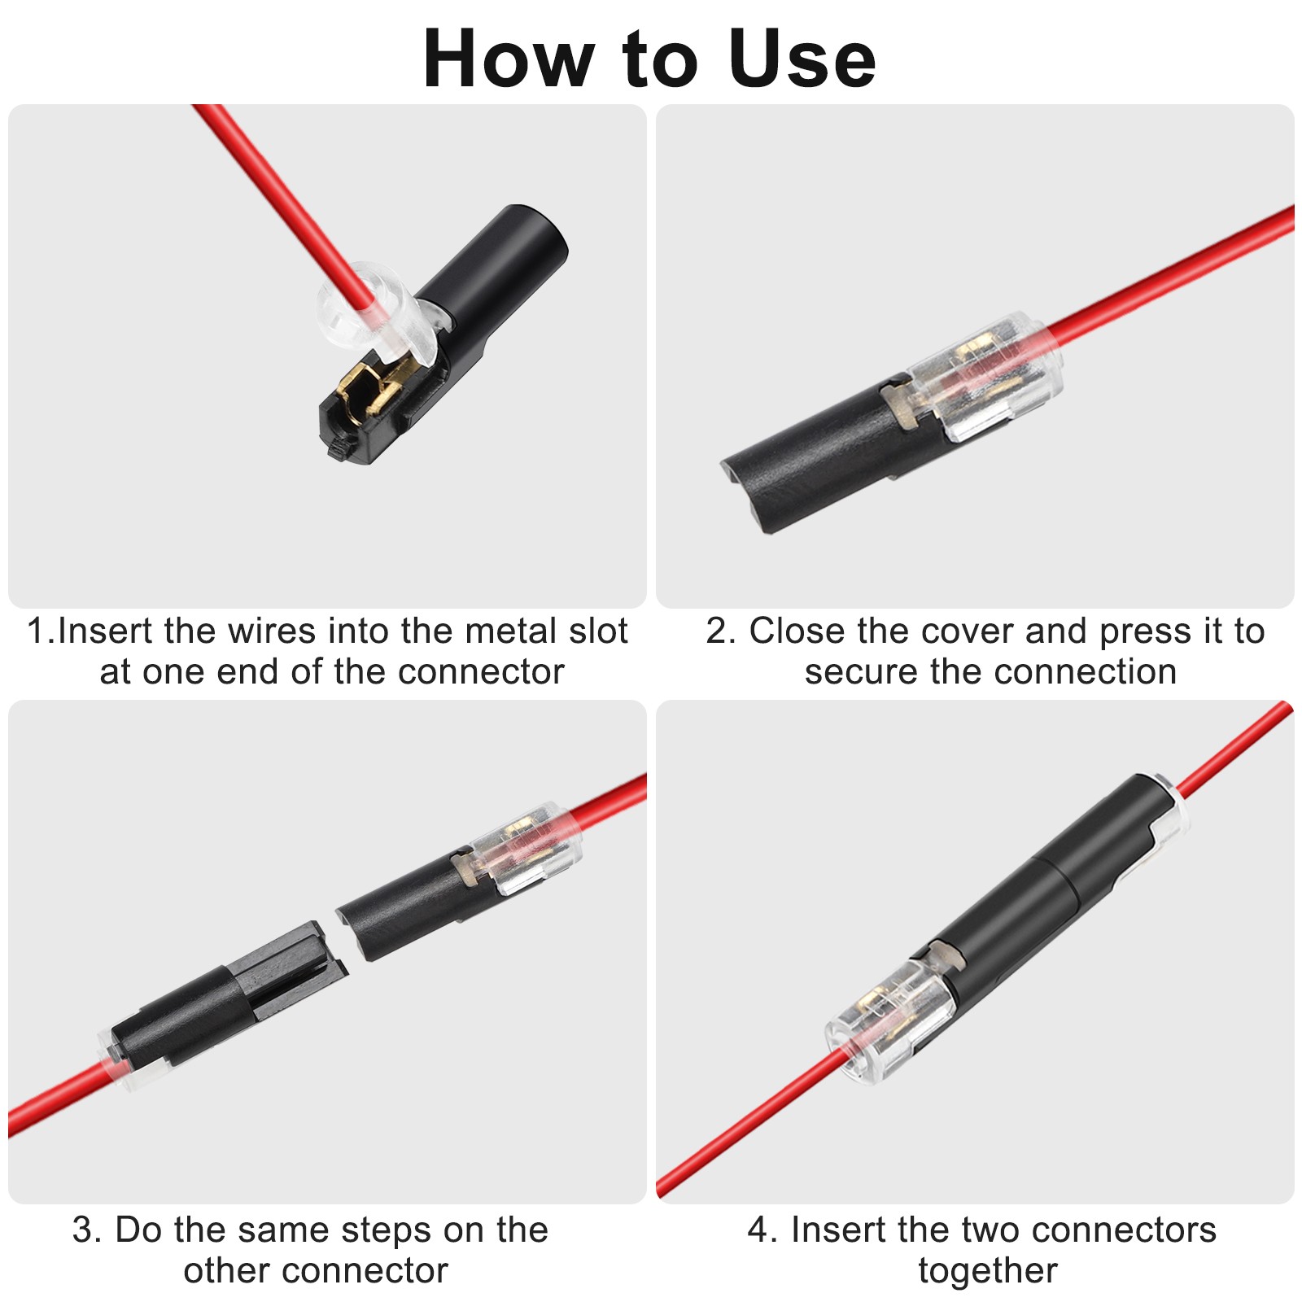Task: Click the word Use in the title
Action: pos(802,59)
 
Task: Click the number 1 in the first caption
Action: pos(37,631)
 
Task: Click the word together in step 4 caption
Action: pos(988,1271)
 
